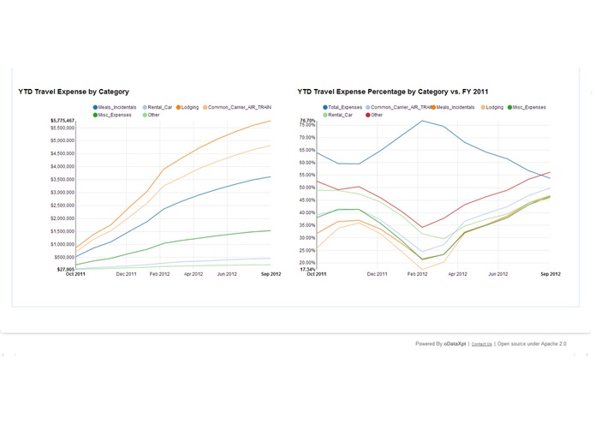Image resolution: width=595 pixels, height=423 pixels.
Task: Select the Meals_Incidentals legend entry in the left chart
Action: click(116, 107)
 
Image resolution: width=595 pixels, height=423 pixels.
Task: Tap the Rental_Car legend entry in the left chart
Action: click(159, 107)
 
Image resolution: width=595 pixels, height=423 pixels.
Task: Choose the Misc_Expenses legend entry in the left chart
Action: click(114, 114)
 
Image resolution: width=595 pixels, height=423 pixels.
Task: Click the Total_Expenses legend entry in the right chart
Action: click(342, 107)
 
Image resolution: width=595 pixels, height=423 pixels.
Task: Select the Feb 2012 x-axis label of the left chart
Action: click(160, 274)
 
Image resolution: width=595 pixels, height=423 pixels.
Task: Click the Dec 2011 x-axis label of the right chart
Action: click(378, 274)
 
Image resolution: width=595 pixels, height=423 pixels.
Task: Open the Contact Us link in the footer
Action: click(481, 343)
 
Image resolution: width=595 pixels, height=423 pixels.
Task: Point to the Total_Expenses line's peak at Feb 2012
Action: click(422, 121)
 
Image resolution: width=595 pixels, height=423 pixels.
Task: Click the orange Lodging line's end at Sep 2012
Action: click(271, 121)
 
